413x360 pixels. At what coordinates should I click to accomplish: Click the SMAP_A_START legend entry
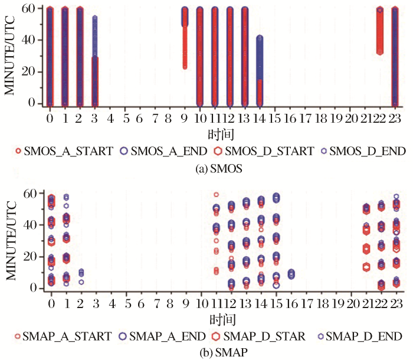62,336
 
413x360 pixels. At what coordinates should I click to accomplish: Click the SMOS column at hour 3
94,59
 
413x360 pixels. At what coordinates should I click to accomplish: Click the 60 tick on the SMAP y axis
34,194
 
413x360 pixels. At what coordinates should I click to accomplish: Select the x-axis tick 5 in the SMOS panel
124,119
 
